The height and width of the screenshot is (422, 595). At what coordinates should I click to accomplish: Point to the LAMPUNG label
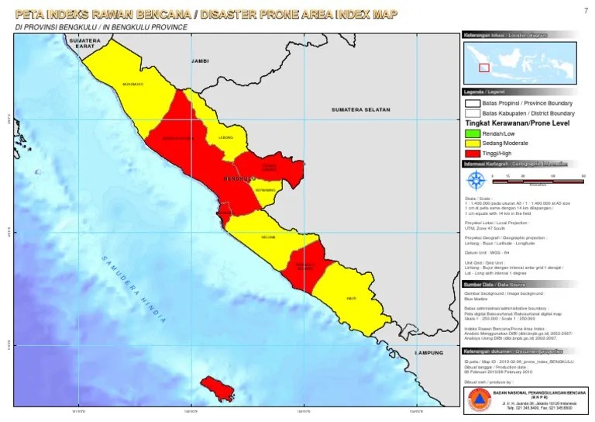pos(425,353)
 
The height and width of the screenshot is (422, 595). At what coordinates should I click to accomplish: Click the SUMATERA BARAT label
pos(85,43)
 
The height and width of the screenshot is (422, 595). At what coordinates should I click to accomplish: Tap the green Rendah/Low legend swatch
pos(473,133)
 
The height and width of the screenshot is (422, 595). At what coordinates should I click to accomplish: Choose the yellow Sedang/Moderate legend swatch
pos(473,144)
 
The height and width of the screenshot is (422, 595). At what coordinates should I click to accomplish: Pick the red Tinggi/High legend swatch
pos(473,154)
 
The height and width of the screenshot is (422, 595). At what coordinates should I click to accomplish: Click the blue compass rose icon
pos(475,180)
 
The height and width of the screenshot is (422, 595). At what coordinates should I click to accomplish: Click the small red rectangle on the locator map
pos(484,67)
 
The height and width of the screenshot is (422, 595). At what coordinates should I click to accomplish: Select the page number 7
pos(584,10)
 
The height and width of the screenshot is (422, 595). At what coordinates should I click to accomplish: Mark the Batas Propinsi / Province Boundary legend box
pos(473,103)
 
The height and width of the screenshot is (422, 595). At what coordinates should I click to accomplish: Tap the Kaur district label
pos(351,297)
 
